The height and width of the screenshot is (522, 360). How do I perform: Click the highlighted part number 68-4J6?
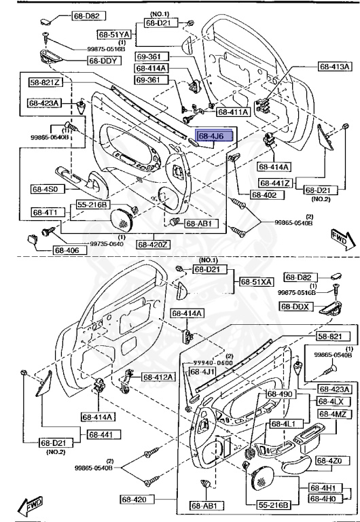pyautogui.click(x=215, y=136)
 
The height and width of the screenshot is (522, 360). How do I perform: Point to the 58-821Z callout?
pyautogui.click(x=45, y=82)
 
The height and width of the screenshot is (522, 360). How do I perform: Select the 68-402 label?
pyautogui.click(x=265, y=195)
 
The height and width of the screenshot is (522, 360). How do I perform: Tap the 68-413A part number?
pyautogui.click(x=335, y=67)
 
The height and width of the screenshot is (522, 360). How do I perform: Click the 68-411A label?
pyautogui.click(x=233, y=111)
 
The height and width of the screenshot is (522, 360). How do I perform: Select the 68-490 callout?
pyautogui.click(x=279, y=394)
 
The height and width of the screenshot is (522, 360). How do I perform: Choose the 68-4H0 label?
pyautogui.click(x=326, y=499)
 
